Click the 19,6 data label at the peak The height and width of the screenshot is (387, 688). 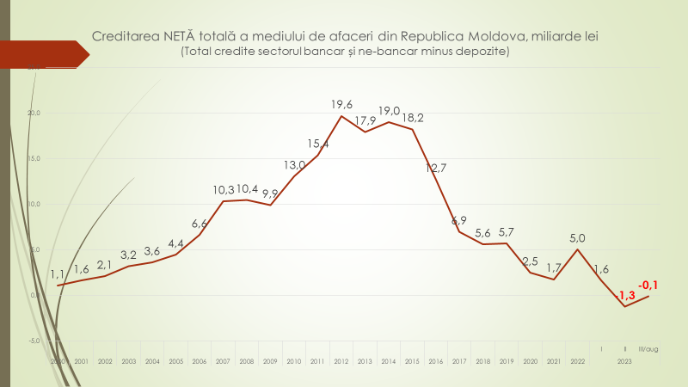click(342, 104)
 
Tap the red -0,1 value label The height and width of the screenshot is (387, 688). click(648, 285)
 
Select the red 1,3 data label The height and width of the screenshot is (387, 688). click(625, 296)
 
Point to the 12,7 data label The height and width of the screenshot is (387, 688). click(436, 169)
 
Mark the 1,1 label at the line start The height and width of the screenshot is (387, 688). click(58, 274)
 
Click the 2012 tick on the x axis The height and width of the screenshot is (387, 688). click(341, 362)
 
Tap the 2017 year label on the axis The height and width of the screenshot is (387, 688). click(459, 362)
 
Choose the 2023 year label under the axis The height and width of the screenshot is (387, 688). click(624, 362)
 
